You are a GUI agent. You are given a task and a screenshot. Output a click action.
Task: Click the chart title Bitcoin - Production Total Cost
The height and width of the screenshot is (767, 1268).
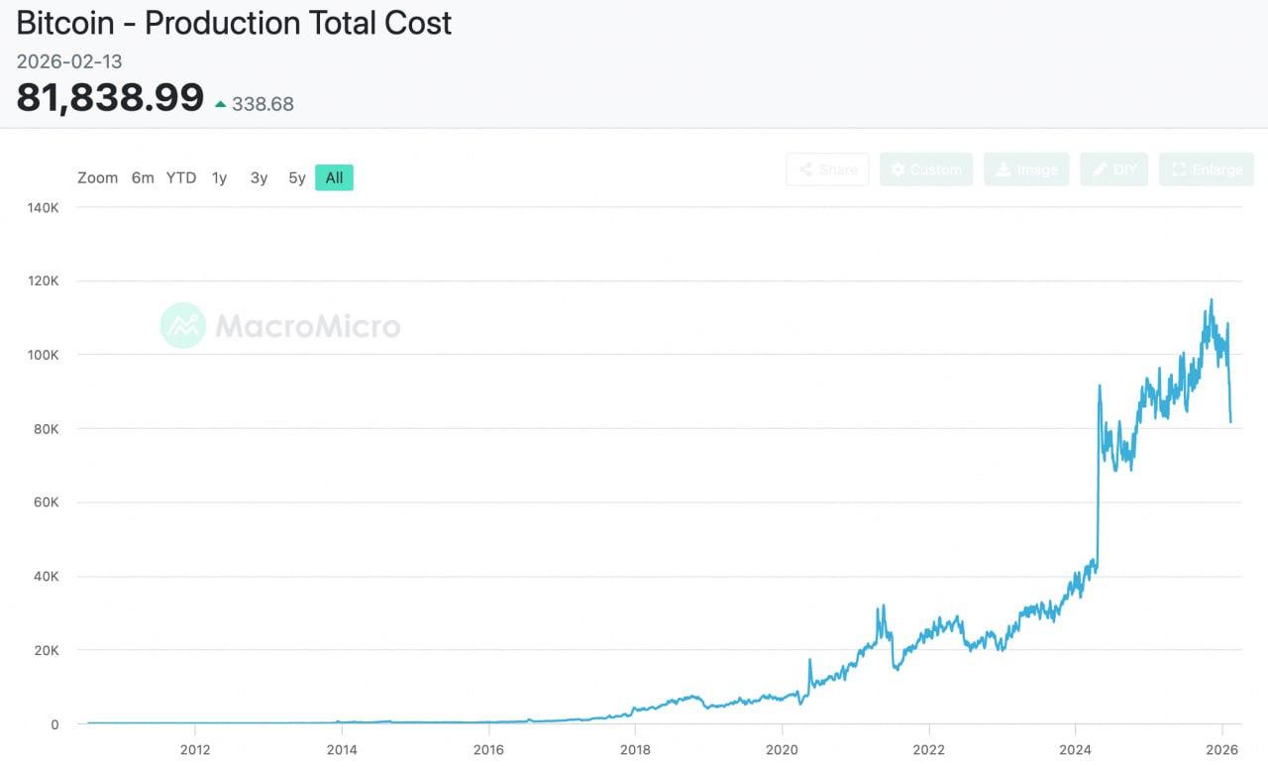[234, 23]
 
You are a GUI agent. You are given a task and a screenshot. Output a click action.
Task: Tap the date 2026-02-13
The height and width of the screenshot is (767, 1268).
[69, 61]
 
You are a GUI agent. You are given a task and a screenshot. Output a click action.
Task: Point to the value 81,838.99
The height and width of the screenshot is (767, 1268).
[110, 98]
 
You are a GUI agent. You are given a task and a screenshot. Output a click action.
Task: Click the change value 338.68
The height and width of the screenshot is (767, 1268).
[263, 104]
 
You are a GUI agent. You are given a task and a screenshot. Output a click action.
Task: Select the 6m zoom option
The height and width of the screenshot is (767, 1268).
[143, 178]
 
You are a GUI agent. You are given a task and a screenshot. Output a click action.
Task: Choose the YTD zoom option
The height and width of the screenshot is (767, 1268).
[181, 178]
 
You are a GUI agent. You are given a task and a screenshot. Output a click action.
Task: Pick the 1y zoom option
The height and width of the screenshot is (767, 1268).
[220, 178]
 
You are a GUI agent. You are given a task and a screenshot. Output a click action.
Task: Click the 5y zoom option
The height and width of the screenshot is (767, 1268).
[297, 178]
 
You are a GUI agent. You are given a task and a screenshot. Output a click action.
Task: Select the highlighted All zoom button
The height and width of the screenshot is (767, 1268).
[334, 178]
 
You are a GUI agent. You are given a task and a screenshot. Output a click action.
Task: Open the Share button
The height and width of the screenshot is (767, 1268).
[827, 169]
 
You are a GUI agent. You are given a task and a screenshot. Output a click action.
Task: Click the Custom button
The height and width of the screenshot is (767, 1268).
[926, 169]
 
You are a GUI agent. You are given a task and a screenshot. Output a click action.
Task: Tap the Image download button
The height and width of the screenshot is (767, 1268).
[1026, 169]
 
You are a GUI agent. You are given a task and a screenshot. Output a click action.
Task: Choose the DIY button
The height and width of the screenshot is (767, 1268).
[1114, 169]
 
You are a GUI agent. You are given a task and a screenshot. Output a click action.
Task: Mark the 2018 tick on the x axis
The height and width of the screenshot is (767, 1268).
[635, 748]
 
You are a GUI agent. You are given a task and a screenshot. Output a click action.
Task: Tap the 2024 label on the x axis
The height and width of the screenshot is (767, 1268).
[1076, 748]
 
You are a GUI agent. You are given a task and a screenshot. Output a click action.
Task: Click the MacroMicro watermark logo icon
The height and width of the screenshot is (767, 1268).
[183, 325]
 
